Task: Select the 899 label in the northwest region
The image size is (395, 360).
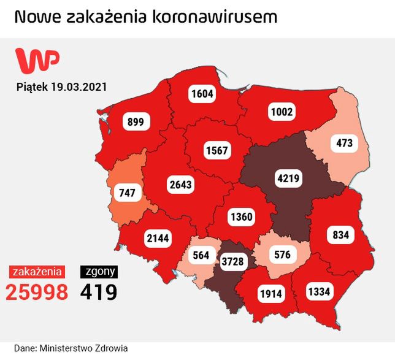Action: click(x=136, y=122)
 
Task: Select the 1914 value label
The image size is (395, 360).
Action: click(x=270, y=293)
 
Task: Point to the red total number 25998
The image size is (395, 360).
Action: click(x=37, y=292)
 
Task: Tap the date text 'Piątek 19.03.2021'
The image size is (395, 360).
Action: click(x=61, y=87)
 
